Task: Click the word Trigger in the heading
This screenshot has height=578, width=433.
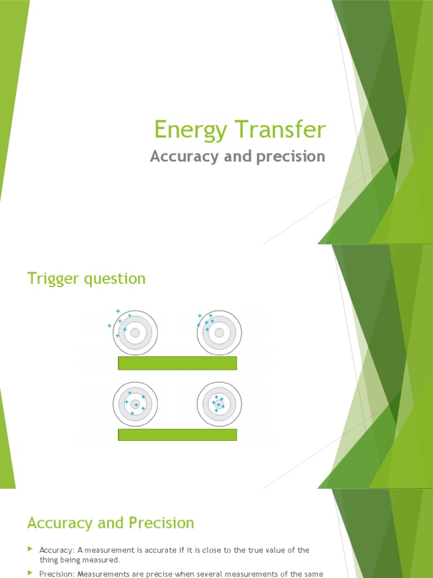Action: pos(52,278)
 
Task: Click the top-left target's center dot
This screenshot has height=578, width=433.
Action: pos(135,333)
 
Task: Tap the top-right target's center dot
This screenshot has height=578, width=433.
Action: pos(219,333)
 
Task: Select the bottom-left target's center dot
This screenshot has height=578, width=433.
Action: pos(135,404)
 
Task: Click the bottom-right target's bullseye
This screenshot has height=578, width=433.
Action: pos(219,404)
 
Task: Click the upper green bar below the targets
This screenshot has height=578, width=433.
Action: pos(177,363)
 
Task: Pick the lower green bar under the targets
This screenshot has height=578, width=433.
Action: pos(177,434)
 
